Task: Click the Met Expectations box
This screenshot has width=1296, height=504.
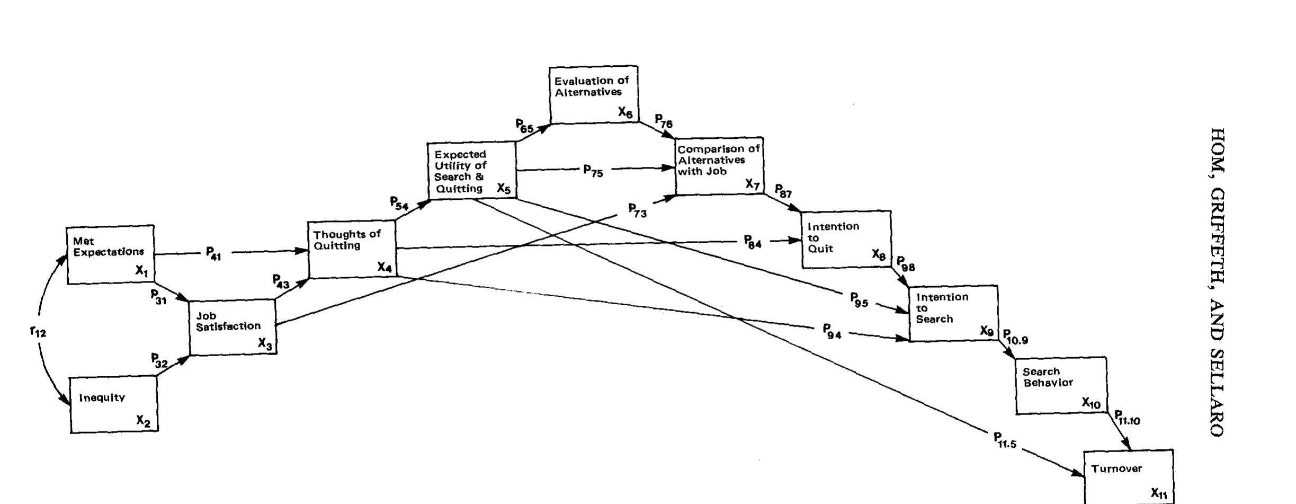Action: click(110, 254)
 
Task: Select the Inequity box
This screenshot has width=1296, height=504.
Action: click(114, 404)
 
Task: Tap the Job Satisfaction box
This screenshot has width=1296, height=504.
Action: click(233, 327)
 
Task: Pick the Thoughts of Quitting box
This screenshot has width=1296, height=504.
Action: click(352, 249)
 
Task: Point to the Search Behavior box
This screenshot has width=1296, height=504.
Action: click(1061, 385)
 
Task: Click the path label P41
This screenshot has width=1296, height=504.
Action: click(213, 253)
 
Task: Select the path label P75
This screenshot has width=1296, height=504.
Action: click(593, 171)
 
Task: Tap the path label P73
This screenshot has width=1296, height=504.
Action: click(637, 210)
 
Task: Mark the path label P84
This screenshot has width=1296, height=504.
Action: click(752, 243)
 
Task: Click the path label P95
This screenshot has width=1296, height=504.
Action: click(859, 300)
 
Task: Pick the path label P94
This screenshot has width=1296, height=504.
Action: click(832, 331)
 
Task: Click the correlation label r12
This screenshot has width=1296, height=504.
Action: click(38, 332)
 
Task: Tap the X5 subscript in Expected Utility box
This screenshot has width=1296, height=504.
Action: click(503, 188)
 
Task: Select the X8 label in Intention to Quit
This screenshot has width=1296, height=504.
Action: click(878, 255)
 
